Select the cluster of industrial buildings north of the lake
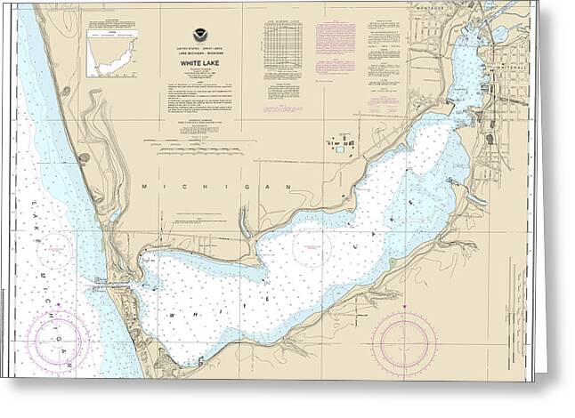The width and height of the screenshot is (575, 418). tap(337, 142)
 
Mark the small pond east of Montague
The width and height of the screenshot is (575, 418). tap(499, 34)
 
